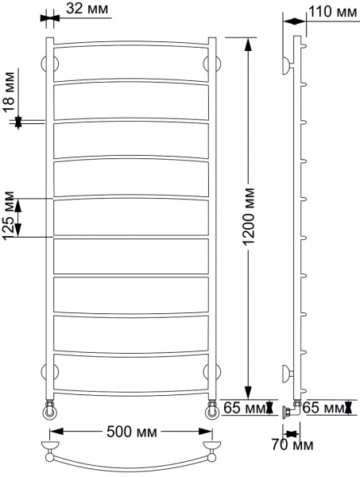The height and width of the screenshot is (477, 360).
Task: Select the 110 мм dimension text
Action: click(x=335, y=12)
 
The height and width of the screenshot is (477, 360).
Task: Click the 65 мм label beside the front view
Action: click(x=244, y=408)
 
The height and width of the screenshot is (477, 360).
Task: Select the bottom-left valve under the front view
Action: click(x=50, y=410)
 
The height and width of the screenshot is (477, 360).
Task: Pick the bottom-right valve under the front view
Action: click(x=212, y=410)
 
